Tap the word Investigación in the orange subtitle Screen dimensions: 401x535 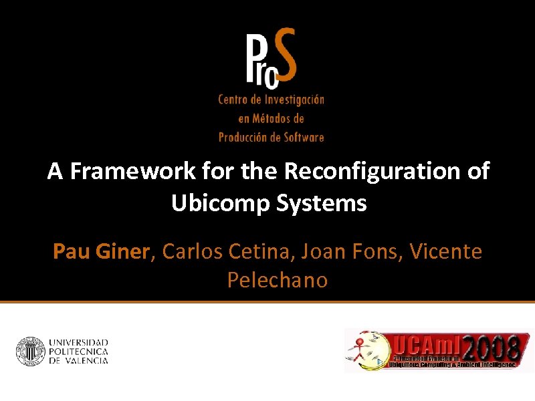click(292, 100)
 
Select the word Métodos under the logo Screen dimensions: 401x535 click(280, 118)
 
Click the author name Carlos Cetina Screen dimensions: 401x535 click(226, 252)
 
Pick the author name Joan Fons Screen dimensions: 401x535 click(350, 252)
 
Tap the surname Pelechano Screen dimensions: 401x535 click(278, 280)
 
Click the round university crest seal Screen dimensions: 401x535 click(30, 352)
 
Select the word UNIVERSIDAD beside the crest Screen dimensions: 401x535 click(78, 342)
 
